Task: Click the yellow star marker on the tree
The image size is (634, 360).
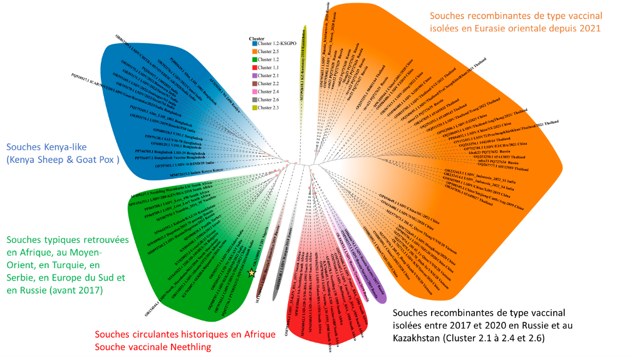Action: [x=252, y=273]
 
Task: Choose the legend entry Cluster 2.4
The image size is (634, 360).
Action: [x=269, y=91]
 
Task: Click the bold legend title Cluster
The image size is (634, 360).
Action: [x=256, y=37]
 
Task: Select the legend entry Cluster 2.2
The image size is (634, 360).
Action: [x=269, y=83]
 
